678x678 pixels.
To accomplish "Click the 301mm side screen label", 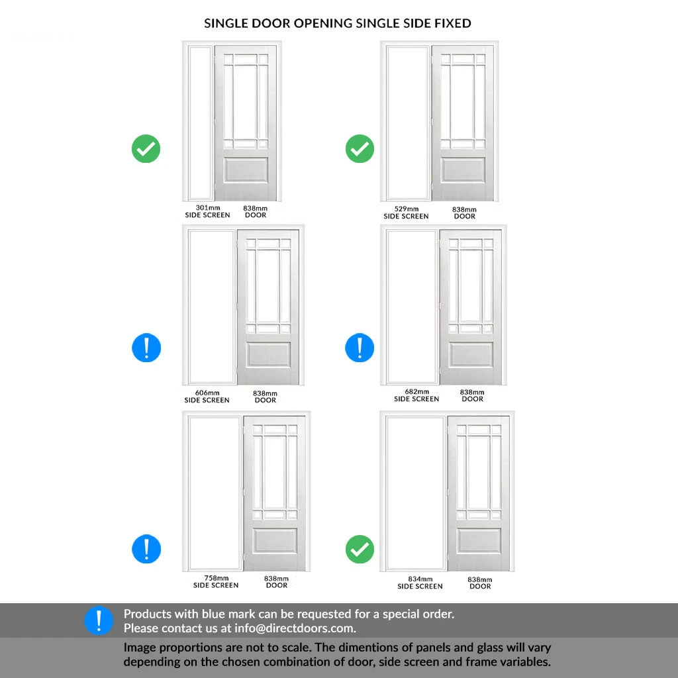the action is coord(207,211).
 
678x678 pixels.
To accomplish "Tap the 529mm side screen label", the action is coord(406,213).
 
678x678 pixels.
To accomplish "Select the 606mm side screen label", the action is coord(207,397).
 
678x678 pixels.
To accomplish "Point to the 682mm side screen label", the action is coord(416,395).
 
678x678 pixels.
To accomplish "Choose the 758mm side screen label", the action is coord(216,581).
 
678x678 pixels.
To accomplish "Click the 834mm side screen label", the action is coord(420,583).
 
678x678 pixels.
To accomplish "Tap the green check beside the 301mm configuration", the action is coord(146,149).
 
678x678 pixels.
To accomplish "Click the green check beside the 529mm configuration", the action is coord(360,149).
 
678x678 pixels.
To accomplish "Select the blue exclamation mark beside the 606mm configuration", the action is coord(146,348).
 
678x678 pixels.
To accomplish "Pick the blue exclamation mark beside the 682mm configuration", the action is coord(360,348).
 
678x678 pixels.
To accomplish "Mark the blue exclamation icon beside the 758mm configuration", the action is coord(146,549).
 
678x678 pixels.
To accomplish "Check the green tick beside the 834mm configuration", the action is coord(360,549).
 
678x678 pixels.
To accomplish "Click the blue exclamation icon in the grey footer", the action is coord(99,620).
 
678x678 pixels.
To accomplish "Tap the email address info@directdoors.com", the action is coord(295,628).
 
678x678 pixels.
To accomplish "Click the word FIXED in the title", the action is coord(453,23).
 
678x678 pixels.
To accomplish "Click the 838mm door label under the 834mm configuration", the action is coord(480,583).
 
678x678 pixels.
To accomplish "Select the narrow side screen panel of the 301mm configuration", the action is coord(200,122).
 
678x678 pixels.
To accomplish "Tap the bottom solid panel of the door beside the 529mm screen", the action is coord(463,169).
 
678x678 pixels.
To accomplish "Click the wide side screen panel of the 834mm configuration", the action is coord(415,493).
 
